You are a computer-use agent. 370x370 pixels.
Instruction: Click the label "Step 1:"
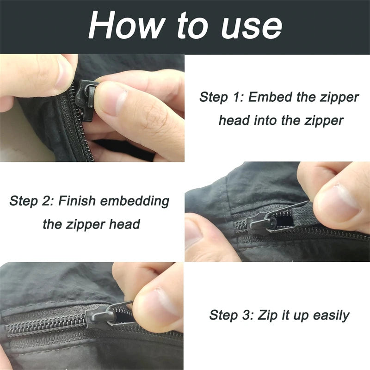pyautogui.click(x=221, y=98)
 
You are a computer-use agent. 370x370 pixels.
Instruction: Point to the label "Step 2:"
pyautogui.click(x=31, y=202)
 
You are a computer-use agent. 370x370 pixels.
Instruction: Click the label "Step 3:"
pyautogui.click(x=231, y=316)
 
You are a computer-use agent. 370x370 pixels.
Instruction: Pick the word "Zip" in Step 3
pyautogui.click(x=265, y=316)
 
